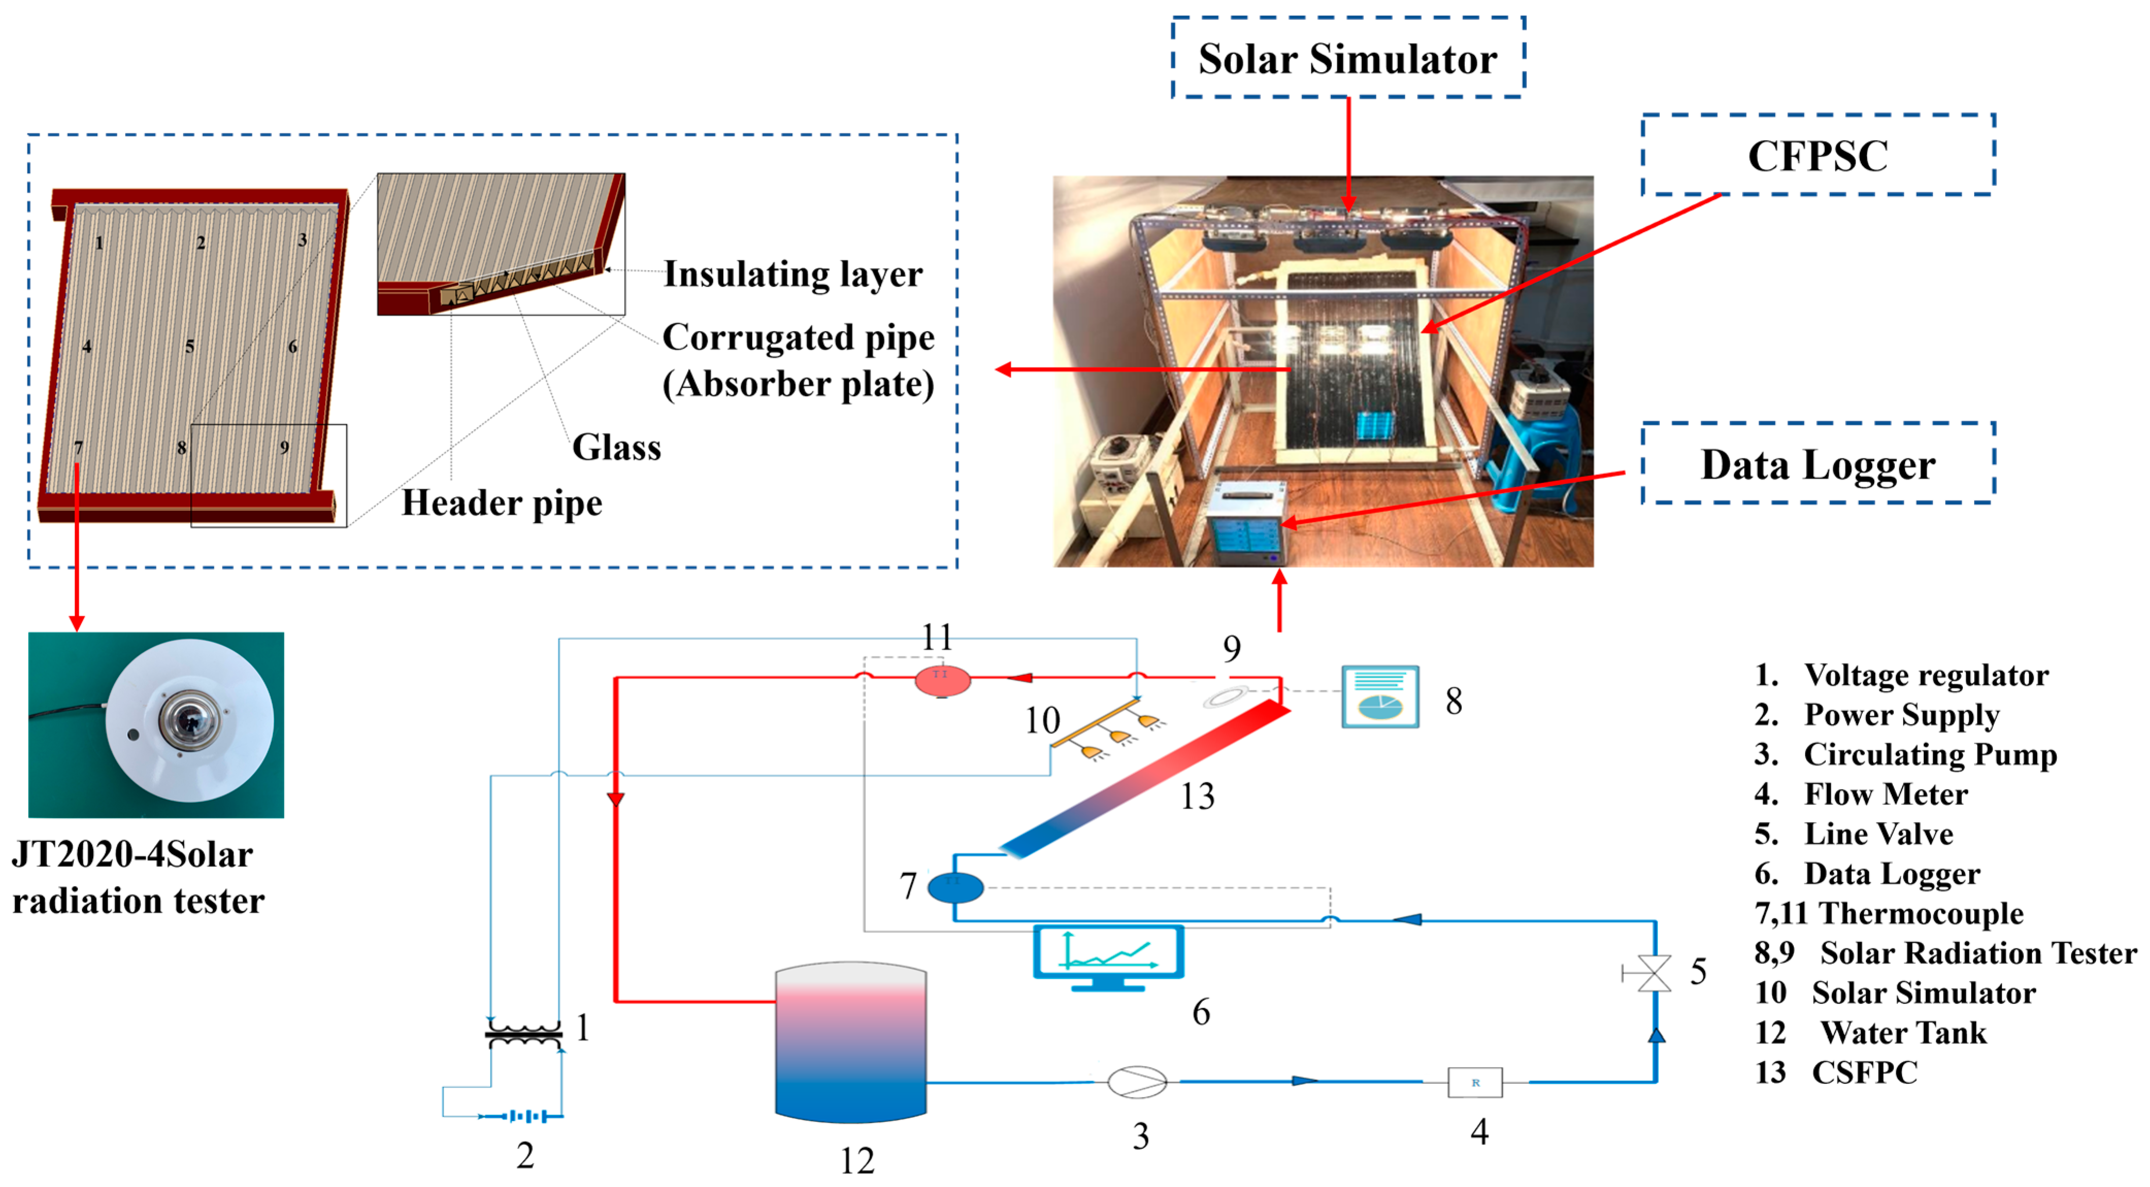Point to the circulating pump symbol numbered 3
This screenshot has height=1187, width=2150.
point(1136,1082)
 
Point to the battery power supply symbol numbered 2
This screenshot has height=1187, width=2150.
point(526,1116)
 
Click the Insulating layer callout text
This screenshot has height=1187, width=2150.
point(792,274)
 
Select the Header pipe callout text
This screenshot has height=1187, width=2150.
point(501,503)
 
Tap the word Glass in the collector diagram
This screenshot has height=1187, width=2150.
point(616,448)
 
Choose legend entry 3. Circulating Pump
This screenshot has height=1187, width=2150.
point(1905,754)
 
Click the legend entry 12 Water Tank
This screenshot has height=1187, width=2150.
point(1871,1033)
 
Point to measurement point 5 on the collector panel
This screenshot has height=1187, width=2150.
point(190,347)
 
